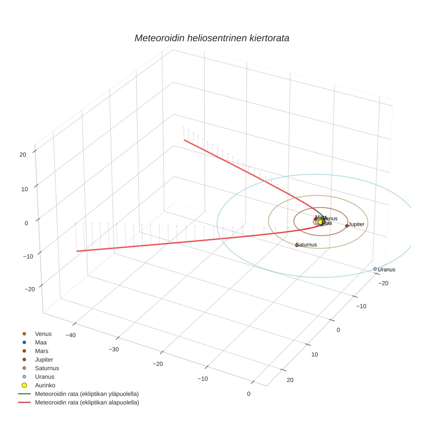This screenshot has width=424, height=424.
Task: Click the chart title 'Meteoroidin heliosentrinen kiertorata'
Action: click(212, 38)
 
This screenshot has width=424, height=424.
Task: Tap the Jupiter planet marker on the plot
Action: click(346, 225)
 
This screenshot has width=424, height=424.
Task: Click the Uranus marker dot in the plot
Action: click(375, 269)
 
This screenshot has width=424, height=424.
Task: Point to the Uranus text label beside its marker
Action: click(387, 270)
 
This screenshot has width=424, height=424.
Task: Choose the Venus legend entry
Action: click(43, 334)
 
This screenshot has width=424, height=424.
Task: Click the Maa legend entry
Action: click(41, 342)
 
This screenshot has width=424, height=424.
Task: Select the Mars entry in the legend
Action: click(42, 351)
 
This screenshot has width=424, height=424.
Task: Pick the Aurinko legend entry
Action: click(45, 385)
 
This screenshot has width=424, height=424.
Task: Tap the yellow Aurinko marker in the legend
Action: click(24, 385)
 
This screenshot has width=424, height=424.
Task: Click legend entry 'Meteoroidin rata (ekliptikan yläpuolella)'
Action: click(87, 394)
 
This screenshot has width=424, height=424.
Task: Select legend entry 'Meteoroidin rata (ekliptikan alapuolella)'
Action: click(87, 402)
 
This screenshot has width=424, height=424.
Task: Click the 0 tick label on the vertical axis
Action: click(26, 223)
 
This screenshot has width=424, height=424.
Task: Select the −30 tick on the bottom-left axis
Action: click(114, 349)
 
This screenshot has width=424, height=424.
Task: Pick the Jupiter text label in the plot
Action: click(356, 224)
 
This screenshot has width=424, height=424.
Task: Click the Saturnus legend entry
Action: click(47, 368)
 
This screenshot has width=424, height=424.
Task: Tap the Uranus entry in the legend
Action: click(44, 377)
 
